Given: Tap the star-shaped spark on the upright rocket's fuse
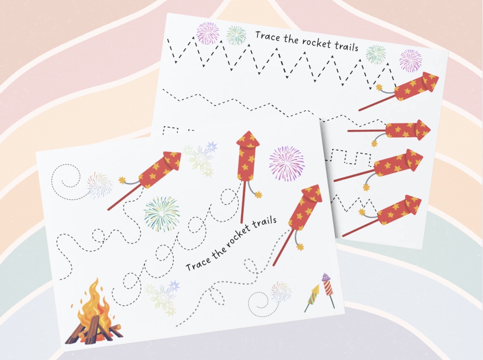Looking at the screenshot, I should [x=258, y=194].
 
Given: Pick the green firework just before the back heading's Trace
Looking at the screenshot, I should [x=236, y=35].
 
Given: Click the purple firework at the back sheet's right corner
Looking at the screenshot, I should [x=410, y=60].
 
